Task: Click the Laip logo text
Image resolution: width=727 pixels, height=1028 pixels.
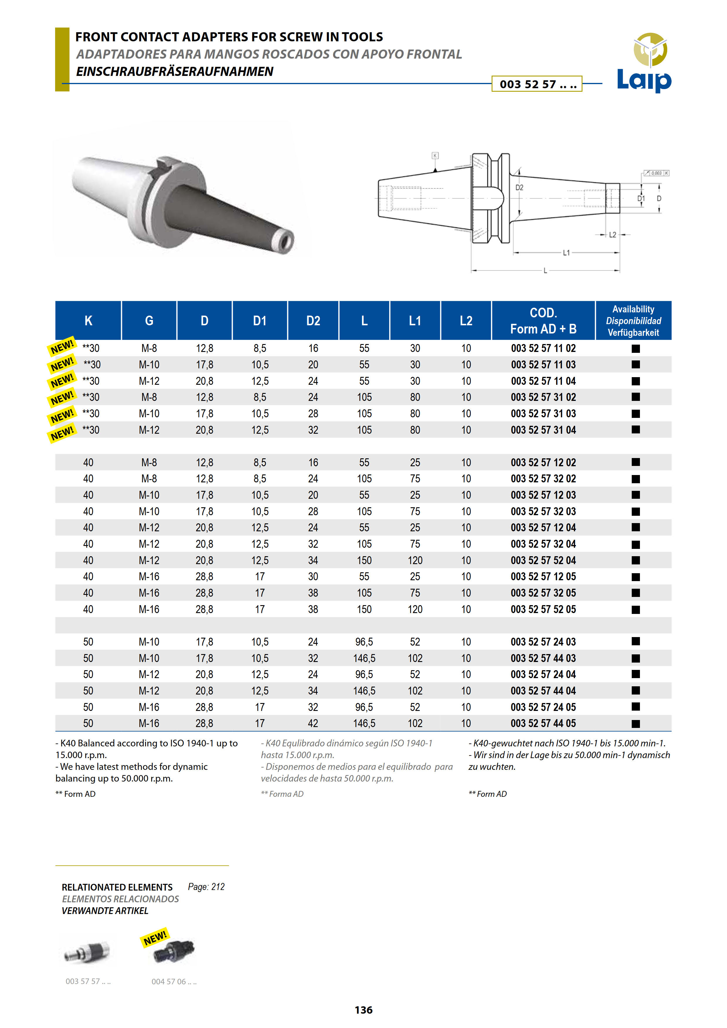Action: coord(644,81)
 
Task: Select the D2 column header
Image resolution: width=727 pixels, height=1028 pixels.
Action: coord(313,321)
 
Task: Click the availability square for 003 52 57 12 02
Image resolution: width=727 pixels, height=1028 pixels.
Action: coord(635,462)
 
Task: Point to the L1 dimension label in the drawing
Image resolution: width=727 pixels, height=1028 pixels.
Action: coord(566,253)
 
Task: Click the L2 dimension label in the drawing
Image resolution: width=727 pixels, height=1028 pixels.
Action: coord(612,235)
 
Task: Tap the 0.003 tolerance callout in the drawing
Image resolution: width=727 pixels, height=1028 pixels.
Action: coord(656,173)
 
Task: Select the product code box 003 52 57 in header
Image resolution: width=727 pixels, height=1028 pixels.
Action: coord(537,84)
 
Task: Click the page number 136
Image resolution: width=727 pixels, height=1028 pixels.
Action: coord(363,1010)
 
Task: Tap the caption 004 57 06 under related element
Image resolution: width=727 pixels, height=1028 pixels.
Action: coord(174,981)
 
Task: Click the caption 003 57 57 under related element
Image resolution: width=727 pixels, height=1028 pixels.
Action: coord(88,981)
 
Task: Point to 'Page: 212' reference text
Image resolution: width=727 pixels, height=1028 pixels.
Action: coord(206,886)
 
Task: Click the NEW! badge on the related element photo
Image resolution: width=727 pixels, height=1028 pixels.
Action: coord(155,937)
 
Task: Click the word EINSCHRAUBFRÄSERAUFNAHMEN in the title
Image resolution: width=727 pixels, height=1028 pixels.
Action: coord(174,72)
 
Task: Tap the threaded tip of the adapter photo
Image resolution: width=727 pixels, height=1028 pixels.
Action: coord(285,241)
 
